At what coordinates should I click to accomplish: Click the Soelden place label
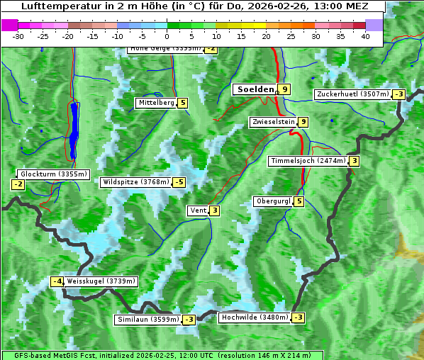tap(255, 89)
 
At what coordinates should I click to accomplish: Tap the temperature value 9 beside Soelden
tap(284, 89)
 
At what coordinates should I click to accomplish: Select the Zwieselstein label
tap(273, 122)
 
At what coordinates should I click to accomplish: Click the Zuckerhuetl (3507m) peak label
tap(353, 94)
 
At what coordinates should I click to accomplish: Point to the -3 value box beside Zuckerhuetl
tap(399, 94)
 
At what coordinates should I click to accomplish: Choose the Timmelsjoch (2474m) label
tap(308, 161)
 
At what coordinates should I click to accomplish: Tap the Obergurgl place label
tap(273, 201)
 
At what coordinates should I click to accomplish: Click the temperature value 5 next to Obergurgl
tap(299, 201)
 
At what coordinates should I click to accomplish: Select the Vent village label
tap(198, 210)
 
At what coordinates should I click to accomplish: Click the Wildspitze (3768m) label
tap(136, 182)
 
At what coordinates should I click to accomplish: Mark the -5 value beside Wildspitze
tap(179, 182)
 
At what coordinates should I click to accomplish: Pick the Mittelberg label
tap(156, 103)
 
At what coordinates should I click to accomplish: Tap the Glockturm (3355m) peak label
tap(54, 174)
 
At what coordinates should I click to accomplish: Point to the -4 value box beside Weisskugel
tap(57, 281)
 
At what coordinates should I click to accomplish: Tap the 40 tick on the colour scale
tap(365, 35)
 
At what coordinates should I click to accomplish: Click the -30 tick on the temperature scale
tap(18, 35)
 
